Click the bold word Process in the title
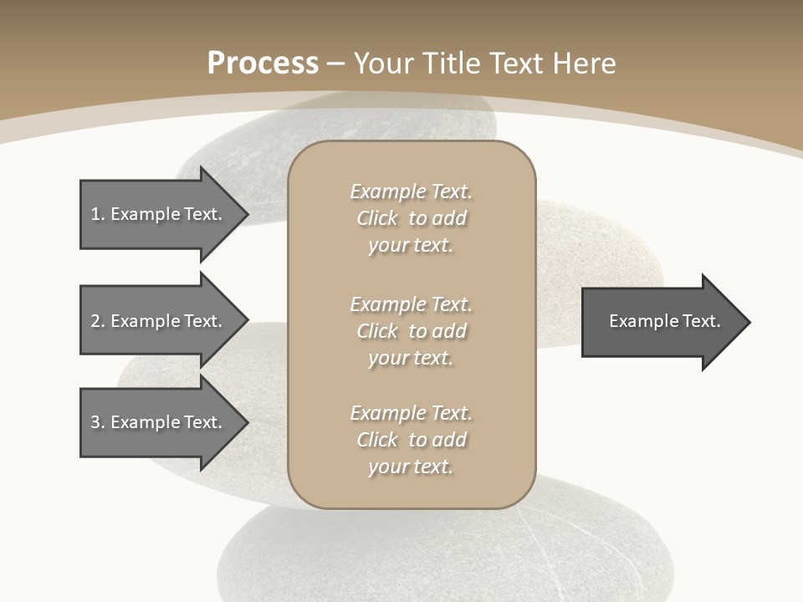[x=263, y=64]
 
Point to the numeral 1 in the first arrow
[x=95, y=214]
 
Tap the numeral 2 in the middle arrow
[x=95, y=321]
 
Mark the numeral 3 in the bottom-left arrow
[x=95, y=422]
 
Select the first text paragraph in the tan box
[x=411, y=218]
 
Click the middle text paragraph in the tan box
[x=411, y=331]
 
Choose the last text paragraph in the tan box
[x=411, y=440]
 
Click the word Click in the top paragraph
[x=377, y=218]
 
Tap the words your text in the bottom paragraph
[x=411, y=467]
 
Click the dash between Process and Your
[x=335, y=64]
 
